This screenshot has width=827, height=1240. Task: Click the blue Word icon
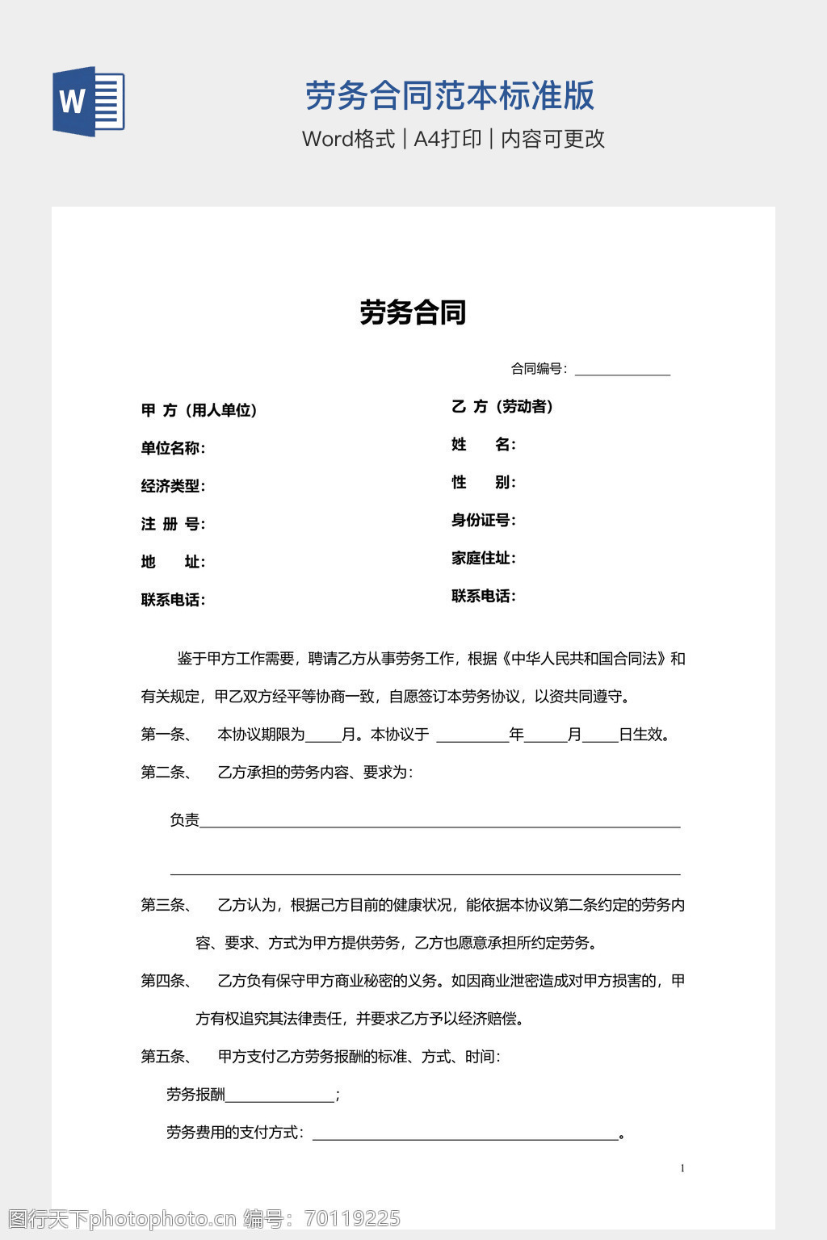89,102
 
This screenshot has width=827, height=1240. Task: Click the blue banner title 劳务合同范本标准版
449,95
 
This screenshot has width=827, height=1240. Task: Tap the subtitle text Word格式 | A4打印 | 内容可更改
453,139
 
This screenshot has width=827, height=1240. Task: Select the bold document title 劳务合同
413,312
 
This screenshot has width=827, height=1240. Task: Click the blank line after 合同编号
622,371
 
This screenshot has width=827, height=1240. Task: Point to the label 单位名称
173,448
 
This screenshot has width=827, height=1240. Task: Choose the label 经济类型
173,486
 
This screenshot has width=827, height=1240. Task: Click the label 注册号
173,524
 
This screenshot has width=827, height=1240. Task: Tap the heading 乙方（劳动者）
502,407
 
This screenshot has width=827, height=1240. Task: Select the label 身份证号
483,521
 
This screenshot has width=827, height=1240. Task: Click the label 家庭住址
483,559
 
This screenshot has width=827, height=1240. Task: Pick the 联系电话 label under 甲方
173,600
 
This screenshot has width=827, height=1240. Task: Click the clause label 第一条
166,735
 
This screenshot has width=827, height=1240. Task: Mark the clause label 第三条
166,905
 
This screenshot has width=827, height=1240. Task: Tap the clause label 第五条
166,1057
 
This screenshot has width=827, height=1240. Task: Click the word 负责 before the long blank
184,820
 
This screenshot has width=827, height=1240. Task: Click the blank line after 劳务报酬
279,1097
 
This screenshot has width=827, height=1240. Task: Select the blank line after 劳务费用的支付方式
464,1135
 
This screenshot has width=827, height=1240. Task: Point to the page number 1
682,1168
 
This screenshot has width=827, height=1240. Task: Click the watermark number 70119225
352,1218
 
